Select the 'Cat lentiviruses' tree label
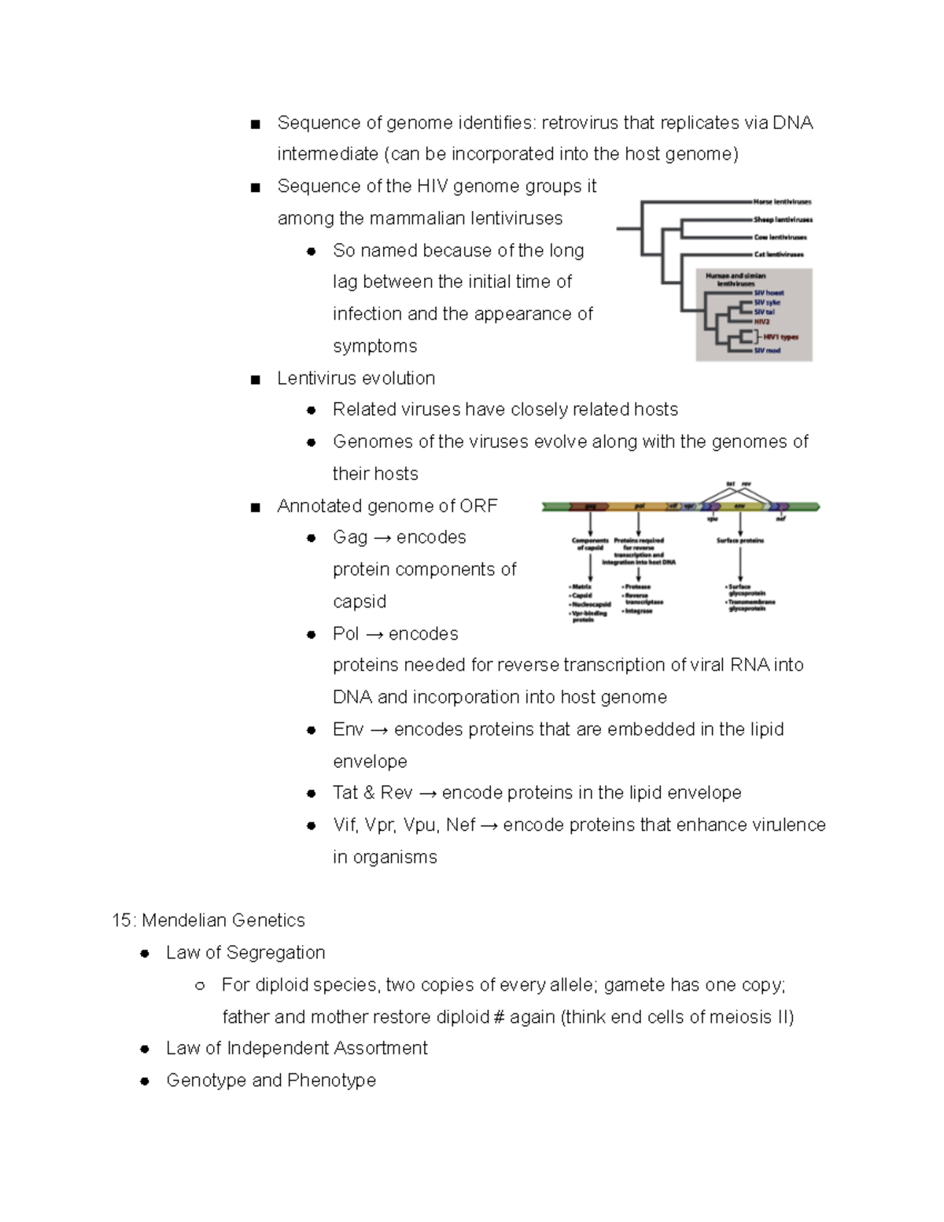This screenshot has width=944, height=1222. pos(778,254)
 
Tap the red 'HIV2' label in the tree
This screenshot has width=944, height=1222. pos(761,322)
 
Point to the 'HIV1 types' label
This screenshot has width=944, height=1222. pos(780,337)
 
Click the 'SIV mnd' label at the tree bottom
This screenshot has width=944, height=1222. pos(767,350)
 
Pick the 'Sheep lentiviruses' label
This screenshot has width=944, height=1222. pos(782,220)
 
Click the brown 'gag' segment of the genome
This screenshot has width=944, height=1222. pos(590,507)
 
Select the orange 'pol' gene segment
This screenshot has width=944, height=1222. pos(639,507)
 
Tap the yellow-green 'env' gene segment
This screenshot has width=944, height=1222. pos(739,507)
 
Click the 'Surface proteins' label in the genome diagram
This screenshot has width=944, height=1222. pos(739,541)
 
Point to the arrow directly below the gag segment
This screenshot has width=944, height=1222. pos(591,523)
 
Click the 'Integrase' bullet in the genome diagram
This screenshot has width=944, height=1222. pos(639,611)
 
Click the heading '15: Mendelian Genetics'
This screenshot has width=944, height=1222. pos(208,920)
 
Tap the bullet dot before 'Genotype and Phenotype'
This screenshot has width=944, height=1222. pos(145,1081)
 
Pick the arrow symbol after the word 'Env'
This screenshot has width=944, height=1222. pos(378,730)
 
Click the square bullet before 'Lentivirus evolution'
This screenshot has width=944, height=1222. pos(255,379)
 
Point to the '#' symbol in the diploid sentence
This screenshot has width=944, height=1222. pos(498,1017)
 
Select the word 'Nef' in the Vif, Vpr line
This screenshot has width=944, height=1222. pos(460,825)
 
